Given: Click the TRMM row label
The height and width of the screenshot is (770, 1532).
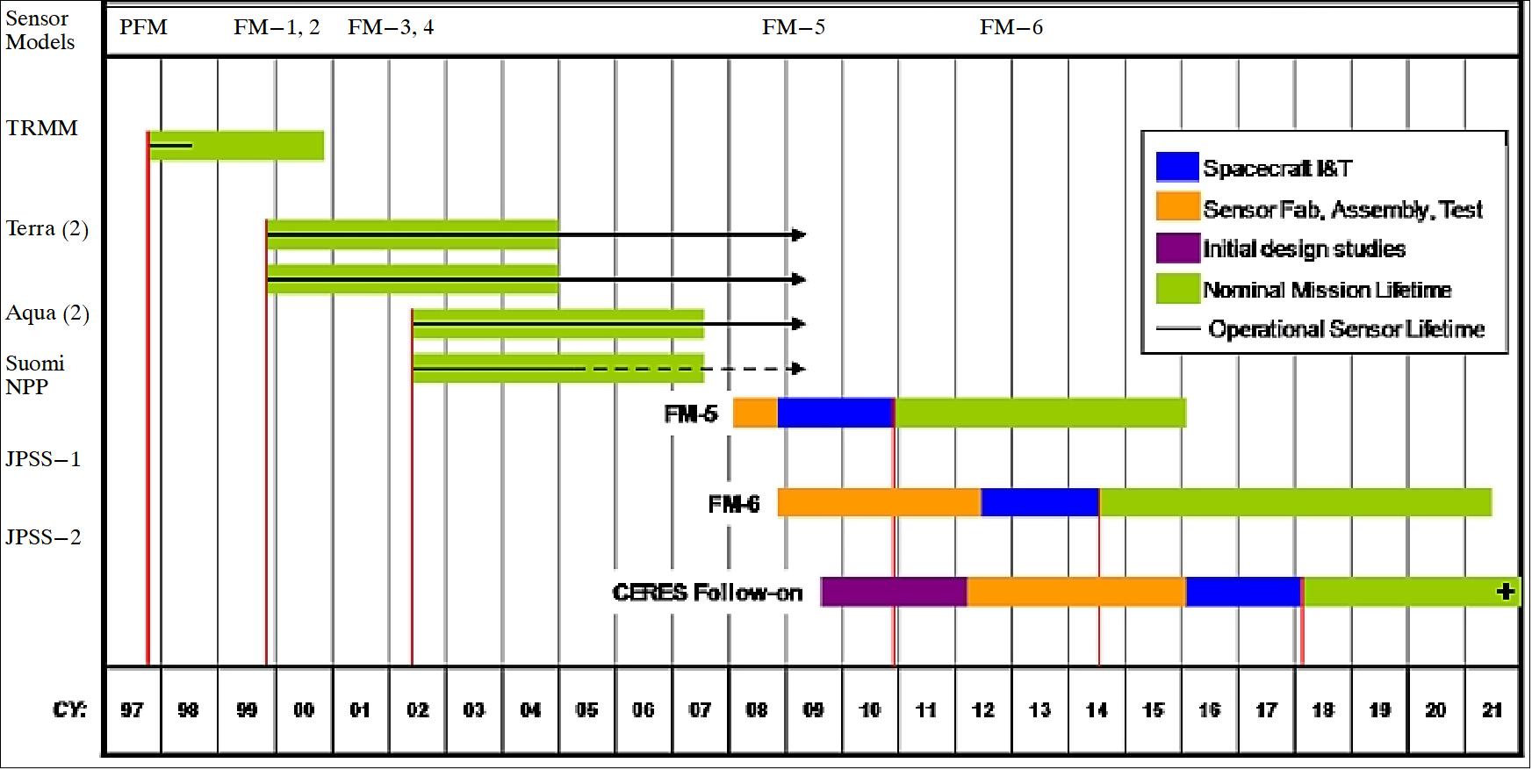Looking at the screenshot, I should point(41,128).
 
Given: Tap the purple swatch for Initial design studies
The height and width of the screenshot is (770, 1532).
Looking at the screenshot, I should point(1177,248).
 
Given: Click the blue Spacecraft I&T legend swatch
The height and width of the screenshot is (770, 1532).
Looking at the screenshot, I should point(1177,167).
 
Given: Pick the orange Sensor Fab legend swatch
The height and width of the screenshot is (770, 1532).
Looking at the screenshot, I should point(1177,207).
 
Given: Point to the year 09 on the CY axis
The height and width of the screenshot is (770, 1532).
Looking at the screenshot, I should point(814,709).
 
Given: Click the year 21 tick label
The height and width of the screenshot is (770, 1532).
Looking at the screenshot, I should point(1492,709).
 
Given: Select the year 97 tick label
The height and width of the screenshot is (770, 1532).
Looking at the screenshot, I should point(132,709).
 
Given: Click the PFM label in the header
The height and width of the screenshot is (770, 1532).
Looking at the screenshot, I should point(143,27).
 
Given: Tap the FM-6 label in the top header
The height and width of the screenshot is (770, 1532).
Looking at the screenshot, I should point(1011,27).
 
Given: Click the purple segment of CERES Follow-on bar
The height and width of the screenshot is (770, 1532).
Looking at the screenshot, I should point(894,592).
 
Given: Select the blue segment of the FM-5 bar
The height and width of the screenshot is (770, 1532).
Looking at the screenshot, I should point(835,413).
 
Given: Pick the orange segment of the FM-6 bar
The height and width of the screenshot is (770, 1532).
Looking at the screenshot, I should point(879,502).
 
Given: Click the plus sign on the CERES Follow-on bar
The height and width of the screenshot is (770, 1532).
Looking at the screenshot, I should point(1506,592).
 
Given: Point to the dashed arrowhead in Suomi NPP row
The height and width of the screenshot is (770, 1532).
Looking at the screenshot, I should point(798,369).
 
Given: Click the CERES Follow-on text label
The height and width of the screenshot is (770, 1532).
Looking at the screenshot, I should point(708,593).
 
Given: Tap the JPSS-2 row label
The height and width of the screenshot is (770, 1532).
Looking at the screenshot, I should point(43,537).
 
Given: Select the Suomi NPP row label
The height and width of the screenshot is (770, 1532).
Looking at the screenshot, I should point(35,375).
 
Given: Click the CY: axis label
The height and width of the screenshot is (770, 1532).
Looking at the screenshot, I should point(70,709).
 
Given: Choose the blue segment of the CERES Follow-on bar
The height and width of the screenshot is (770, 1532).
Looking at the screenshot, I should point(1243,592).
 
